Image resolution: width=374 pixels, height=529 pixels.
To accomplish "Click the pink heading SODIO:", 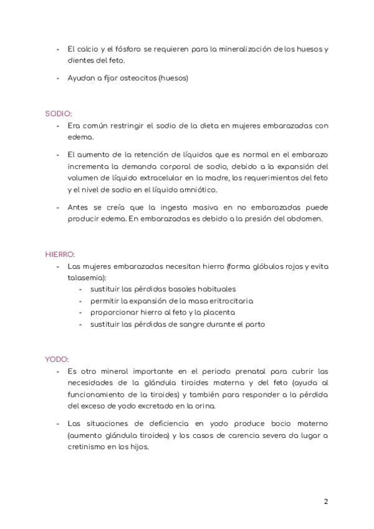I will click(58, 114).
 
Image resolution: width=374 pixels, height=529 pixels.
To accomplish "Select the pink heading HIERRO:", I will click(60, 255).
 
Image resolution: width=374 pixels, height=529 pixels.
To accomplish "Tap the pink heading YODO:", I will click(57, 359).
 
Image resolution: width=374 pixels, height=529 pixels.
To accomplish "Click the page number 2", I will click(326, 502).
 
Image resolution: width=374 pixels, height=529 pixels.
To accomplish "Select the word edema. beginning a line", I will click(80, 137).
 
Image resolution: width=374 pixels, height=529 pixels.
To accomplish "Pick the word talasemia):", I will click(87, 278).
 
